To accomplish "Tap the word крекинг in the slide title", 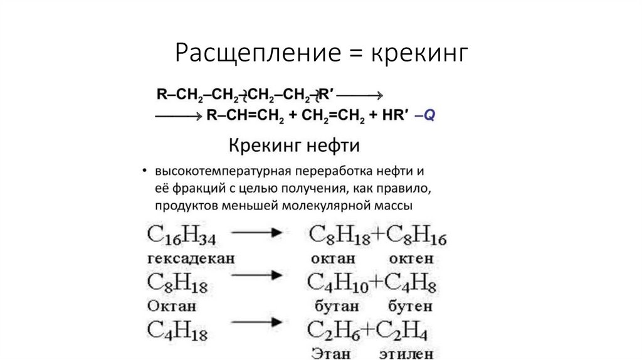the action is point(419,53).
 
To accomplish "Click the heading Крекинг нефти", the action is point(293,146).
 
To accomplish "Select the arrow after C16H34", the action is point(258,233).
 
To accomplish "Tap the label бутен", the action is point(410,307).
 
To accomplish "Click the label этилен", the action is point(406,354).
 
